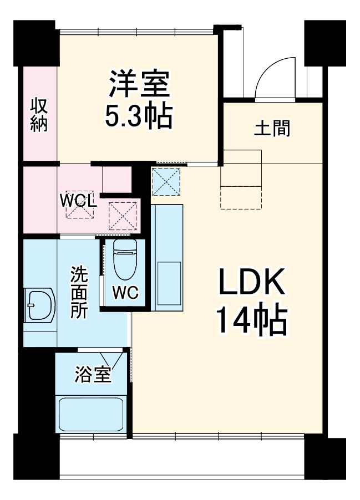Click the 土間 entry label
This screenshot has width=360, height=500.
pyautogui.click(x=272, y=129)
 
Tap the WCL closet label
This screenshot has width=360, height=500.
pyautogui.click(x=79, y=200)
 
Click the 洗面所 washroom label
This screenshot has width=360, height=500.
pyautogui.click(x=78, y=292)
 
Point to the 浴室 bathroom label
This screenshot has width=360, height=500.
pyautogui.click(x=93, y=376)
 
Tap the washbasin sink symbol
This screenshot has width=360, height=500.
pyautogui.click(x=39, y=304)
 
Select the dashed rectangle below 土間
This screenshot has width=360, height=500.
pyautogui.click(x=241, y=197)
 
